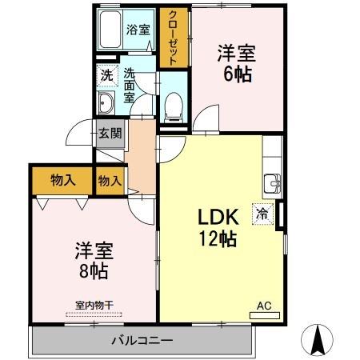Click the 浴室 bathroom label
click(x=138, y=30)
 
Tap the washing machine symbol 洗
click(x=106, y=76)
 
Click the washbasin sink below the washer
click(x=106, y=103)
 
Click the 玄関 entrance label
click(x=110, y=134)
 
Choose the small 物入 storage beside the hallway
click(x=110, y=182)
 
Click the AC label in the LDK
click(x=263, y=305)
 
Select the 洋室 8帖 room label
click(x=95, y=258)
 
